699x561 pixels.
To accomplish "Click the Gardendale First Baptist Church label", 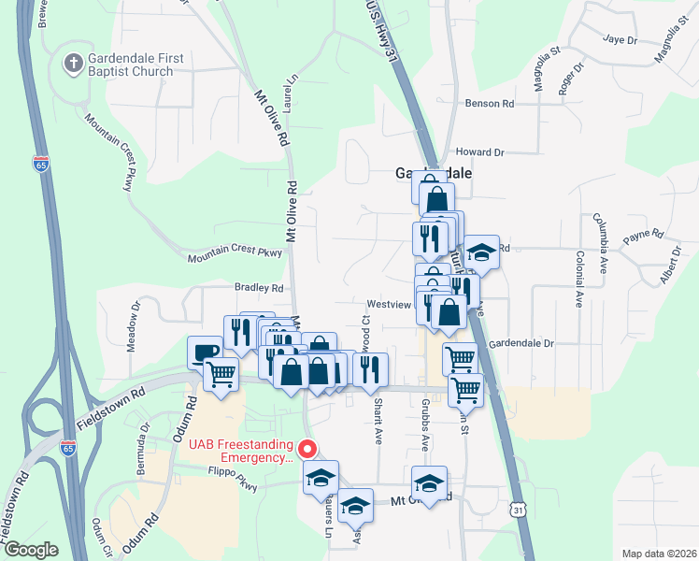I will tap(135, 65).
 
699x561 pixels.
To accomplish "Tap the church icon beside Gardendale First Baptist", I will tap(72, 65).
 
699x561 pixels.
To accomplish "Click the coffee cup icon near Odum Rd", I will tap(205, 353).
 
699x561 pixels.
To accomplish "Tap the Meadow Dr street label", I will tap(136, 319).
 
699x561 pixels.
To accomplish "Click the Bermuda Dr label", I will tap(144, 449).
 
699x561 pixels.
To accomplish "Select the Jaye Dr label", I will tap(620, 40).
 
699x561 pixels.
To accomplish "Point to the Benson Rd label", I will tap(489, 104).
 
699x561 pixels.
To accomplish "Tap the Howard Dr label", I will tap(479, 151).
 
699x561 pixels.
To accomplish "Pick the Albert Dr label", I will tap(669, 266).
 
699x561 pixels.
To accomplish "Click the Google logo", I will tap(31, 550).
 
